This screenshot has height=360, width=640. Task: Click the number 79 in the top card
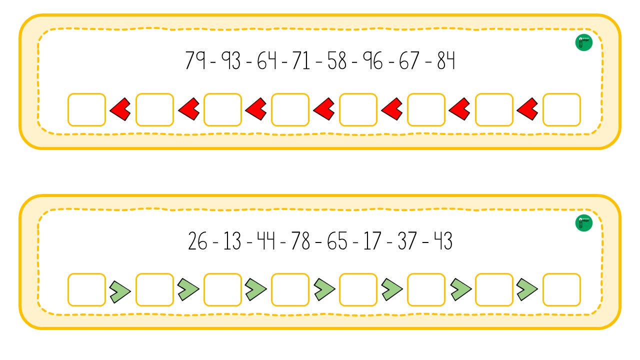195,60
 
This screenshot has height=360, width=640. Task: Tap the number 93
231,60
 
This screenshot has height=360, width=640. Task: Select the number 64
267,60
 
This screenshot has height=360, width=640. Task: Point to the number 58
337,60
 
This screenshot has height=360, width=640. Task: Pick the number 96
373,60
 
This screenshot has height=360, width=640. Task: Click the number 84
446,60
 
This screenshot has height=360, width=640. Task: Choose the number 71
301,60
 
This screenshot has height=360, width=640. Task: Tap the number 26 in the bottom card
197,241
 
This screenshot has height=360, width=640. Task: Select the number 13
232,241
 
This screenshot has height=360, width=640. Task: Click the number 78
300,241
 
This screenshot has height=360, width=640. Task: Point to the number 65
337,241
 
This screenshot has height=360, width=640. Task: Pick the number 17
372,241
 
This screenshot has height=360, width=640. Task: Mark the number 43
443,241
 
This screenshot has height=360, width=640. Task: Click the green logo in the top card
583,42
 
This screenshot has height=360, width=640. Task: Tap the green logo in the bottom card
583,223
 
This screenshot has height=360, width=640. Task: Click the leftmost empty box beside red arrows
87,109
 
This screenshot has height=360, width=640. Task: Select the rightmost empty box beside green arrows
561,289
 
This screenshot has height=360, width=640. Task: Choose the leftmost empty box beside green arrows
87,289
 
